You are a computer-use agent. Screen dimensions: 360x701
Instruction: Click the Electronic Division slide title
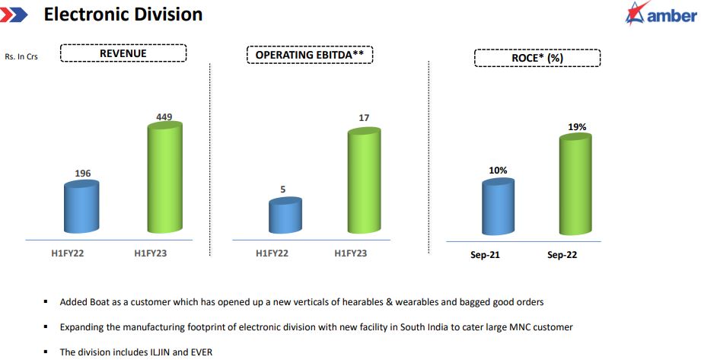[123, 14]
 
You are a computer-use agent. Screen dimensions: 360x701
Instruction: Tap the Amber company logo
[660, 15]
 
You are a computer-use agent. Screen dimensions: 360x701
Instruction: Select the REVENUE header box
[123, 53]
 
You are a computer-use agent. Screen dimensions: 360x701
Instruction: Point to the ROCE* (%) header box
[537, 58]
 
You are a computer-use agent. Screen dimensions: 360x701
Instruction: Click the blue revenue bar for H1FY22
[82, 207]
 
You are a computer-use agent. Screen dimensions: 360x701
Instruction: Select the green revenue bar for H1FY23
[164, 179]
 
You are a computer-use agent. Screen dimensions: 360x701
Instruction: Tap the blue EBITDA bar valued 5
[285, 217]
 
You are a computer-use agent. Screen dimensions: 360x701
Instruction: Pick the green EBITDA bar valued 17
[364, 183]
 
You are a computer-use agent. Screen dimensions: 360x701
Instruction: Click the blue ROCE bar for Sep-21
[498, 207]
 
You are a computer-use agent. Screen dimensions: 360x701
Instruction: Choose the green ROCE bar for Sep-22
[576, 186]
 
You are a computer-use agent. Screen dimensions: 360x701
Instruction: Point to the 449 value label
[164, 117]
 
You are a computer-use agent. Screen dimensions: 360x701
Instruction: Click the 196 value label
[82, 174]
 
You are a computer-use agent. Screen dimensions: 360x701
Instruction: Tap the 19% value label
[577, 127]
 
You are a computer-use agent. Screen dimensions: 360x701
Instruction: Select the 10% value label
[498, 170]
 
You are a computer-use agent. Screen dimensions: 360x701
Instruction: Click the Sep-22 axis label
[562, 255]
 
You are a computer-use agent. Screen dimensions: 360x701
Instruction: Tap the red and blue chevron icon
[16, 14]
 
